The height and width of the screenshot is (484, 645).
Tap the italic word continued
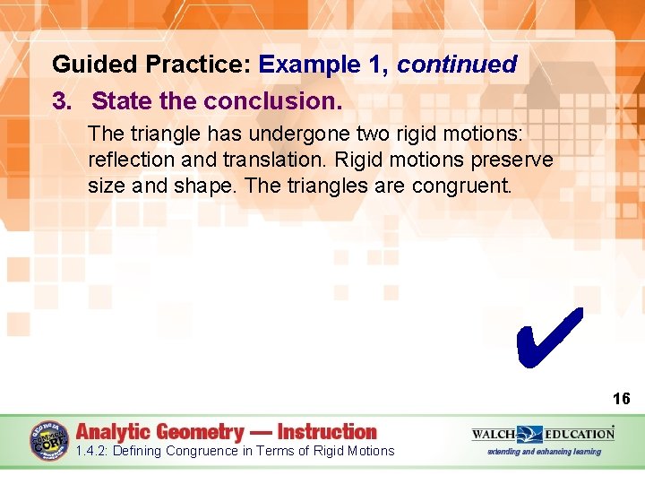coord(457,65)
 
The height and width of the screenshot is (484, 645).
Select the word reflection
coord(125,160)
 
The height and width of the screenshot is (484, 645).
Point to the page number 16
coord(621,399)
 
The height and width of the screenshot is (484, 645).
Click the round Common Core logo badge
coord(49,439)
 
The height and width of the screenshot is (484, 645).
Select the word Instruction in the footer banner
coord(327,432)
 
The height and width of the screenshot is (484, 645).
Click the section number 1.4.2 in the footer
coord(95,451)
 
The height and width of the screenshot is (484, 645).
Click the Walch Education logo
coord(543,434)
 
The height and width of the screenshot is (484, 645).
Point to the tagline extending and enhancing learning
coord(544,452)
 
